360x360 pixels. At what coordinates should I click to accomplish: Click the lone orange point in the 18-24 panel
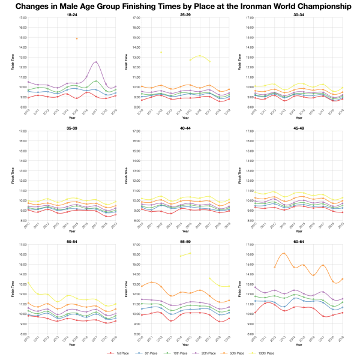(77, 38)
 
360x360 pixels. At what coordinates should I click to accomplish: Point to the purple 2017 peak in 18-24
(96, 62)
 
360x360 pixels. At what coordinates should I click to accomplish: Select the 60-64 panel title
(299, 242)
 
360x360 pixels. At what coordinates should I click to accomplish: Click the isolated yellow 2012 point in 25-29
(161, 52)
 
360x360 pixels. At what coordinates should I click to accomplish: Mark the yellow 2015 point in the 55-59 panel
(190, 253)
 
